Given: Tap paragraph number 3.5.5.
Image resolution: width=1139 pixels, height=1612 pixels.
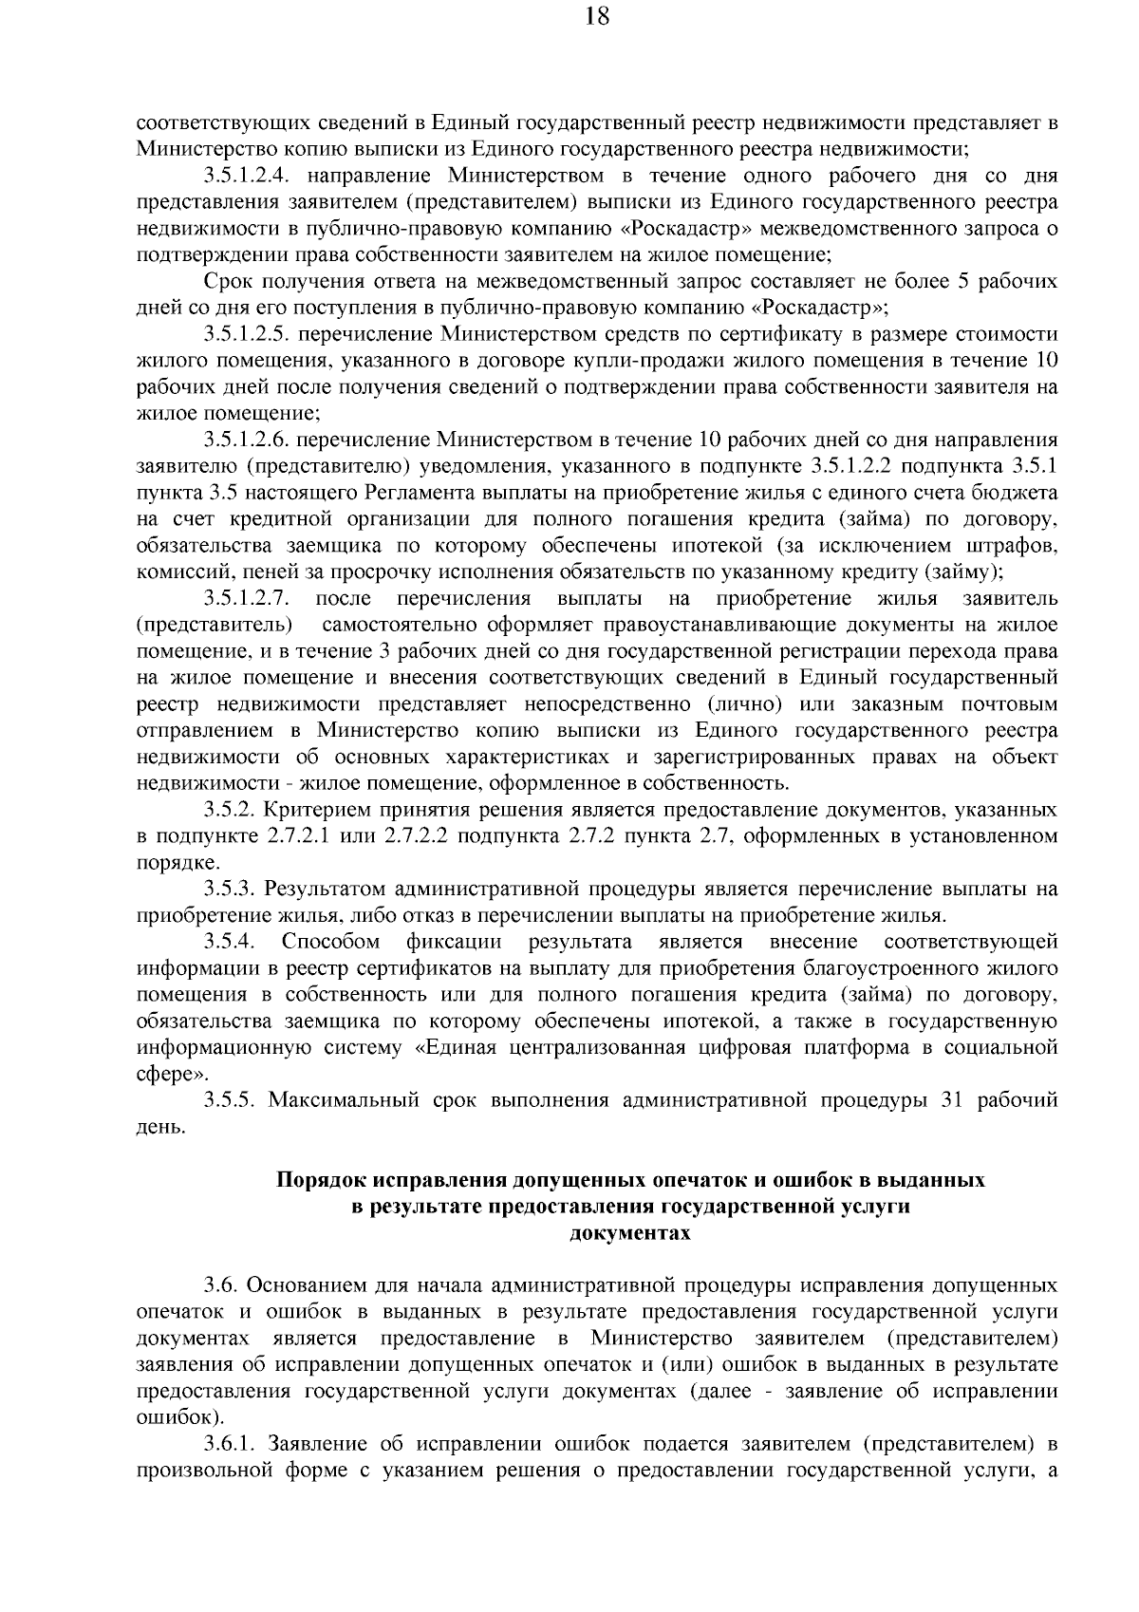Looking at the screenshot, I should [x=231, y=1100].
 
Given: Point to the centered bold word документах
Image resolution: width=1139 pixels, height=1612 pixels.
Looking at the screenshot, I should [x=629, y=1233].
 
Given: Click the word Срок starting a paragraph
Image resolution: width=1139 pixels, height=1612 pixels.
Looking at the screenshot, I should [x=226, y=282].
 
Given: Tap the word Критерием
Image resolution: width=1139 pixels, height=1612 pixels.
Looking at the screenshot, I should [x=315, y=810].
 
